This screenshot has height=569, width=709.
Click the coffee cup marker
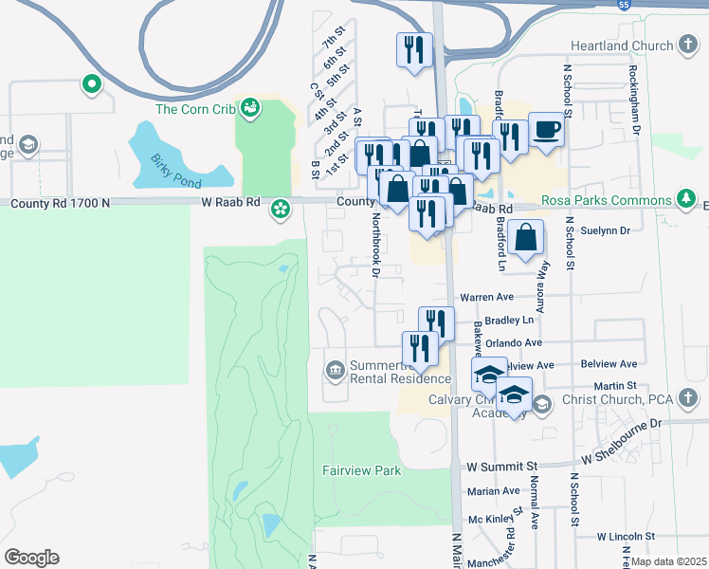(545, 128)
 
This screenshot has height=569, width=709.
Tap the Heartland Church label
(622, 46)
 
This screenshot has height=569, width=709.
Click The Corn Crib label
(195, 109)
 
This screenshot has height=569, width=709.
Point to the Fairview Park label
(361, 470)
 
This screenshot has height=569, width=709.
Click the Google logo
(31, 558)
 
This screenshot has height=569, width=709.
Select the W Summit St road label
(502, 467)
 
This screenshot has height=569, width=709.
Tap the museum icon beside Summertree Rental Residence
(334, 368)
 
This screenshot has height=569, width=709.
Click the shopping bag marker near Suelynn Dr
(525, 237)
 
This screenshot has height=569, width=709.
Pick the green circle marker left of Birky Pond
(92, 84)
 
